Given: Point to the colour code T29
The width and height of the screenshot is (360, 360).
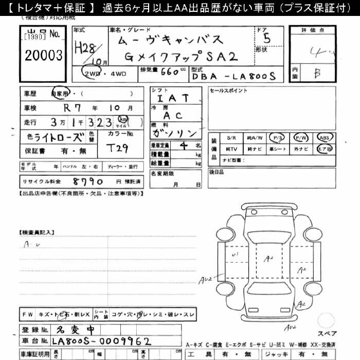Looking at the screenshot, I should [121, 148].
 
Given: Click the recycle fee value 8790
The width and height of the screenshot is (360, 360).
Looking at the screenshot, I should [88, 182].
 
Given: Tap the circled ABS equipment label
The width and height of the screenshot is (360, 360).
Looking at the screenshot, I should [325, 138].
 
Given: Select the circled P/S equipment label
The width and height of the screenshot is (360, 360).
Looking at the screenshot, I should [278, 138].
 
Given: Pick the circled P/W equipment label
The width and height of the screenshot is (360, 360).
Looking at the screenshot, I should [301, 138].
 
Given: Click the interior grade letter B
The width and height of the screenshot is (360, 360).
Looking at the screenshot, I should [317, 73].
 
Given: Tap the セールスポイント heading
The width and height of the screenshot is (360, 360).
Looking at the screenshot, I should [228, 91].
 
